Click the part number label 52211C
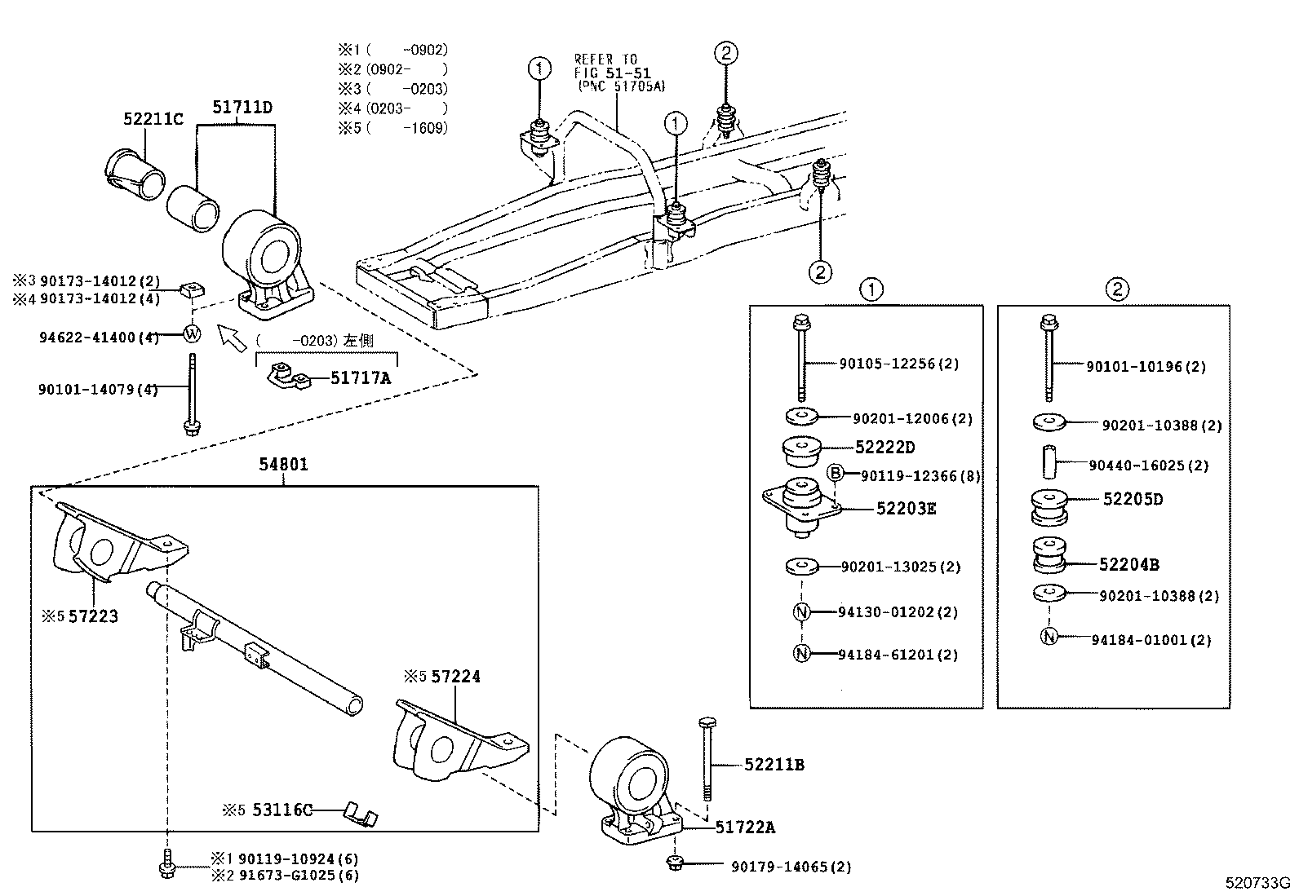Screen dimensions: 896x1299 [153, 119]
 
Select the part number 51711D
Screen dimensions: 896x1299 [242, 107]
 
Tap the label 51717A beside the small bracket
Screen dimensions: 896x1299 [361, 377]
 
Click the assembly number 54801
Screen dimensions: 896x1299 [283, 465]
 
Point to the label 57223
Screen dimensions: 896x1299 [93, 616]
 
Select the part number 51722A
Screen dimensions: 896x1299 [745, 828]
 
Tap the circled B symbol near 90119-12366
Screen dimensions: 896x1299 [835, 473]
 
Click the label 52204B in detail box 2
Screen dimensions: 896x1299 [1128, 564]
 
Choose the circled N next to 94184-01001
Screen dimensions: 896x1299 [1049, 637]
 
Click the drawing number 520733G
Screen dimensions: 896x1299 [1257, 883]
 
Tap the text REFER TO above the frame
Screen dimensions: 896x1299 [605, 60]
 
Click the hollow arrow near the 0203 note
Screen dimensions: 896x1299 [233, 337]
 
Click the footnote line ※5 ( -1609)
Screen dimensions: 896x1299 [394, 128]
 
